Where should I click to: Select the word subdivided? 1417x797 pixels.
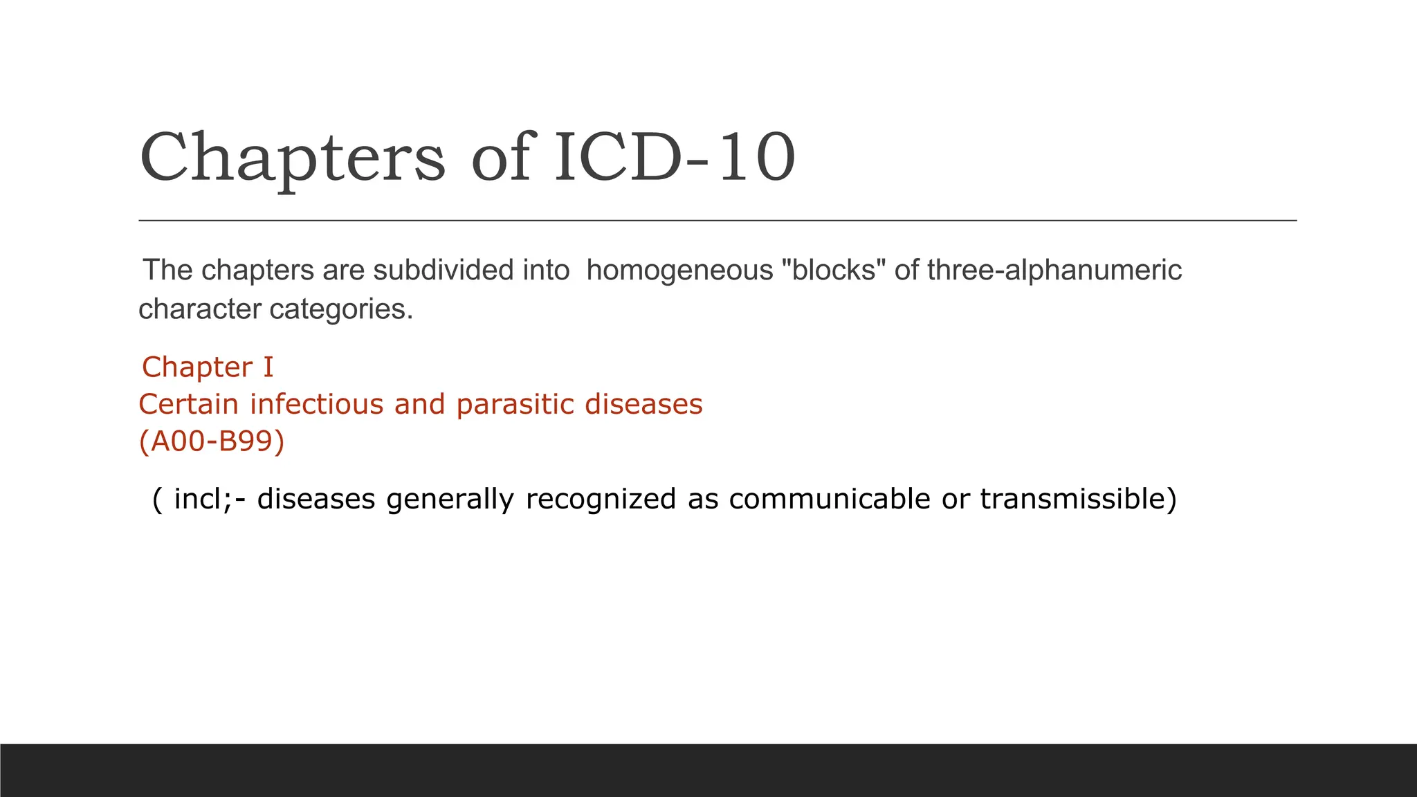point(444,270)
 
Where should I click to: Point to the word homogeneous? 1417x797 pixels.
point(679,270)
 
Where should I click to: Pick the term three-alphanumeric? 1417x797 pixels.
point(1054,270)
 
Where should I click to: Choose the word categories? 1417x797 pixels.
point(341,309)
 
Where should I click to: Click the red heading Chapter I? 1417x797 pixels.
point(208,367)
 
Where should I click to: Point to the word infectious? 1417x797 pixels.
point(316,404)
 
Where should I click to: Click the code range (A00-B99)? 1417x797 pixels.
point(212,441)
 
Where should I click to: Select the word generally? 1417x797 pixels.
point(450,499)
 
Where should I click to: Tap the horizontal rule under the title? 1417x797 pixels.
point(717,221)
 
